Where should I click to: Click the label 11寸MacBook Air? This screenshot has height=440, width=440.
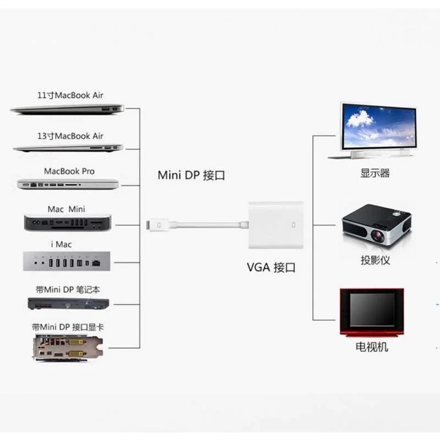70,95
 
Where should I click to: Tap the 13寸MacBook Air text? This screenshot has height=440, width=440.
70,136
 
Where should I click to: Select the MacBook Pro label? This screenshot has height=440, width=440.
69,172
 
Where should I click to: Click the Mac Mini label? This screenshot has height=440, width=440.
67,209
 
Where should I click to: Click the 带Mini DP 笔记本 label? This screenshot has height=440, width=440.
68,289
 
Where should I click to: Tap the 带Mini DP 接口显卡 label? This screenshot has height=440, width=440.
68,327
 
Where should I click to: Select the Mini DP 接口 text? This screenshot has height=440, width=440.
191,176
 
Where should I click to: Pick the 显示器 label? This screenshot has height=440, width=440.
375,173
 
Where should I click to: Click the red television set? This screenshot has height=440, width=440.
372,310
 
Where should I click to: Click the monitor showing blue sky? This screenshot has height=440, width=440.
378,128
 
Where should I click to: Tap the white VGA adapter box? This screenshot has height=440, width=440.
276,225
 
